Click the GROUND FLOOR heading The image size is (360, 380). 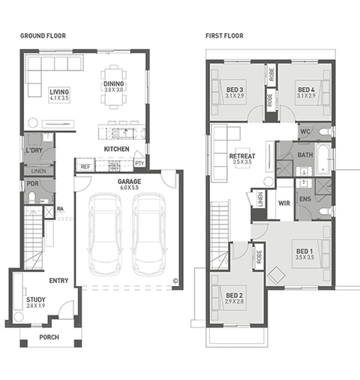pos(43,36)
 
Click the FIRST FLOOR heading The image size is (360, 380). pos(224,36)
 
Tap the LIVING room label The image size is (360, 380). pos(59,92)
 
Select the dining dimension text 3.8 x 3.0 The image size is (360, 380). pos(114,89)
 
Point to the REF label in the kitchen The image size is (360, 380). pos(85,167)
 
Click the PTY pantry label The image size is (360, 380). pos(139,164)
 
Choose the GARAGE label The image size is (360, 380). pos(129,181)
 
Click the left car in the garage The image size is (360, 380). pos(105,234)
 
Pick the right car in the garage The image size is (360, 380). pos(149,234)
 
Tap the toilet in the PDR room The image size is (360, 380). pos(32,197)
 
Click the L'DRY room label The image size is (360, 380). pos(34,150)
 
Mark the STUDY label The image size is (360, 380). pos(36,300)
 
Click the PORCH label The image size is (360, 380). pos(49,337)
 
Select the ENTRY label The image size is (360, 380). pos(58,281)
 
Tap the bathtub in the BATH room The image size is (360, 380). pos(323,159)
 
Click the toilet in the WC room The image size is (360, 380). pos(325,131)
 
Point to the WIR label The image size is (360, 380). pos(284,203)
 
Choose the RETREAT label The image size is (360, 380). pos(242,156)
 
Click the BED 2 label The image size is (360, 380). pos(234,295)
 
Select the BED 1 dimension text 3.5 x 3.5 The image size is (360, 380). pos(304,258)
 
